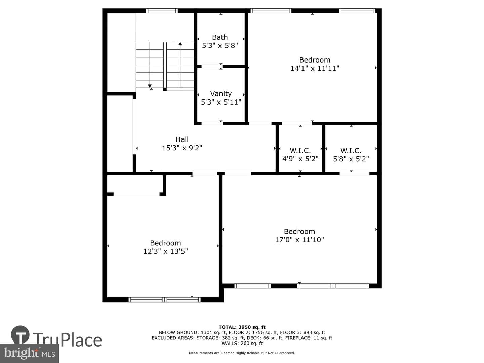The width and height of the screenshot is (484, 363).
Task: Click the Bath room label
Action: tap(220, 37)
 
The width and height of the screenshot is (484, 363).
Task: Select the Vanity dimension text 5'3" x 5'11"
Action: tap(221, 102)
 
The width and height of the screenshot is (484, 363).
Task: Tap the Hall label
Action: tap(182, 139)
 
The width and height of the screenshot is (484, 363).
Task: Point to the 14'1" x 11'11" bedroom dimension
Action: tap(315, 68)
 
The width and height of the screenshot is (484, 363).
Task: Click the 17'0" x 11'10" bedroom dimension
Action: tap(299, 240)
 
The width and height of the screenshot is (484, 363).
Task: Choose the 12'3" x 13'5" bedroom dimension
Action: tap(165, 251)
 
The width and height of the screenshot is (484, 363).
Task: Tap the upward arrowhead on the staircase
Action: tap(180, 44)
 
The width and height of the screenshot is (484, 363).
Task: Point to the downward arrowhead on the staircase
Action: tap(150, 86)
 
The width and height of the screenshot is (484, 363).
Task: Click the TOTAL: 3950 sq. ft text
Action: tap(242, 327)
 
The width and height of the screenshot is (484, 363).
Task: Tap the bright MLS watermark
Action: tap(29, 353)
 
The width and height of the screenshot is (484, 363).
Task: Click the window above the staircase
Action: tap(162, 11)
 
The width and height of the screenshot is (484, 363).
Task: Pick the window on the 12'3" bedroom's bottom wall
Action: tap(164, 299)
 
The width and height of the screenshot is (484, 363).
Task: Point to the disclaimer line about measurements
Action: tap(242, 353)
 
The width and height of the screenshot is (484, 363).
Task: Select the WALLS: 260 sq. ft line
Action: tap(242, 343)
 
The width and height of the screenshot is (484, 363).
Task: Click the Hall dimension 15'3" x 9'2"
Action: tap(182, 148)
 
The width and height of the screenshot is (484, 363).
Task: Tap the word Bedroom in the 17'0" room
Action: tap(299, 232)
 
